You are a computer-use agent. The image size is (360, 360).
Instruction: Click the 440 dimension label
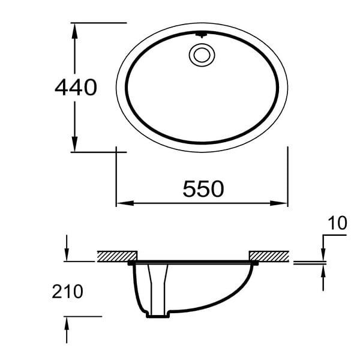[76, 87]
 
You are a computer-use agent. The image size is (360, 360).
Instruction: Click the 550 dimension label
[203, 189]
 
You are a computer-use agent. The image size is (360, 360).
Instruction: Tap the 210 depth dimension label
[67, 292]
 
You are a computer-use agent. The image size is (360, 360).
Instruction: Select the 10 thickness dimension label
[337, 223]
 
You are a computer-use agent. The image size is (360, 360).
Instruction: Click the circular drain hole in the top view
[202, 55]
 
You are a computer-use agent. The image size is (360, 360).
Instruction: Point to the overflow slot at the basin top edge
[202, 35]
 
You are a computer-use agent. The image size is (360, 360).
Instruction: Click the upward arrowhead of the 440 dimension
[74, 31]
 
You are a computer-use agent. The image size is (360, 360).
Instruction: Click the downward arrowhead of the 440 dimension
[74, 144]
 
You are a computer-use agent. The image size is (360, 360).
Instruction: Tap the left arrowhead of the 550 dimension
[125, 203]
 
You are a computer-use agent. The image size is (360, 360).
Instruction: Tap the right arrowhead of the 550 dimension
[279, 203]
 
